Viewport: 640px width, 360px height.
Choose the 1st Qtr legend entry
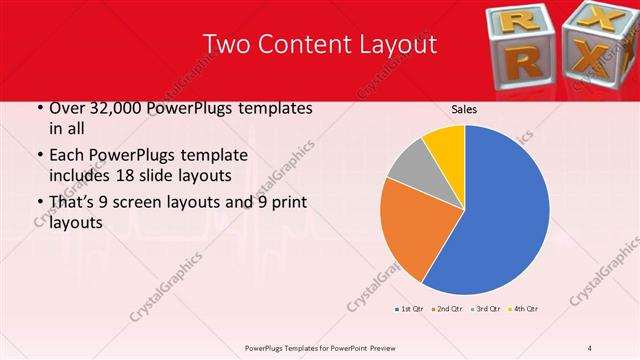pyautogui.click(x=410, y=308)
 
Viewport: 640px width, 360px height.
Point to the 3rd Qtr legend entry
pyautogui.click(x=487, y=308)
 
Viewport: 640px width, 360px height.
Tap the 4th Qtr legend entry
pyautogui.click(x=526, y=308)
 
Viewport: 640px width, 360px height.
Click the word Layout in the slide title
pyautogui.click(x=397, y=45)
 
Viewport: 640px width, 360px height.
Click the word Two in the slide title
pyautogui.click(x=224, y=45)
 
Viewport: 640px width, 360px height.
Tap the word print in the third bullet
pyautogui.click(x=284, y=202)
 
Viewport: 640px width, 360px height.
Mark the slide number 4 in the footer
pyautogui.click(x=590, y=347)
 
